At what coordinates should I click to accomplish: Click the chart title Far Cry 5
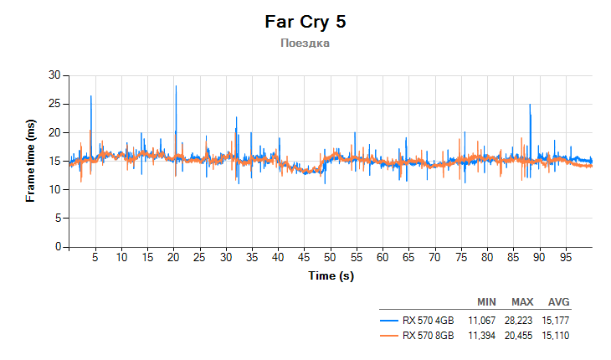[x=305, y=22]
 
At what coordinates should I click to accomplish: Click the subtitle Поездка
[x=305, y=43]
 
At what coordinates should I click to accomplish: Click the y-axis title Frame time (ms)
[x=31, y=161]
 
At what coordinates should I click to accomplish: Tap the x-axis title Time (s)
[x=331, y=275]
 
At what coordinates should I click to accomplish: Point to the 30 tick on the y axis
[x=55, y=75]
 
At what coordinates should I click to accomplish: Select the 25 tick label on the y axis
[x=55, y=104]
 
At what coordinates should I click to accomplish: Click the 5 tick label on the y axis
[x=58, y=219]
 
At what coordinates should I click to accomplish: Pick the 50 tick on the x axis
[x=331, y=257]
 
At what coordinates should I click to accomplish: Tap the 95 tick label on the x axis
[x=565, y=257]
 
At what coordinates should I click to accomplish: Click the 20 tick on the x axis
[x=174, y=257]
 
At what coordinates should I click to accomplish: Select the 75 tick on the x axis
[x=461, y=257]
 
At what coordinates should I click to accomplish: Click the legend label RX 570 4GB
[x=429, y=320]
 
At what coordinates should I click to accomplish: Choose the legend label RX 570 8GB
[x=429, y=336]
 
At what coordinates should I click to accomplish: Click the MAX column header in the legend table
[x=522, y=302]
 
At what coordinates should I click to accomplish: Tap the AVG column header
[x=558, y=302]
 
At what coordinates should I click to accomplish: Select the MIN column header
[x=486, y=302]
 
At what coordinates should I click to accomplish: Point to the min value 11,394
[x=486, y=336]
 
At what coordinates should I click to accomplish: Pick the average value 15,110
[x=558, y=336]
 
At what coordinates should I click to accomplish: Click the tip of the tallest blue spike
[x=176, y=85]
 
